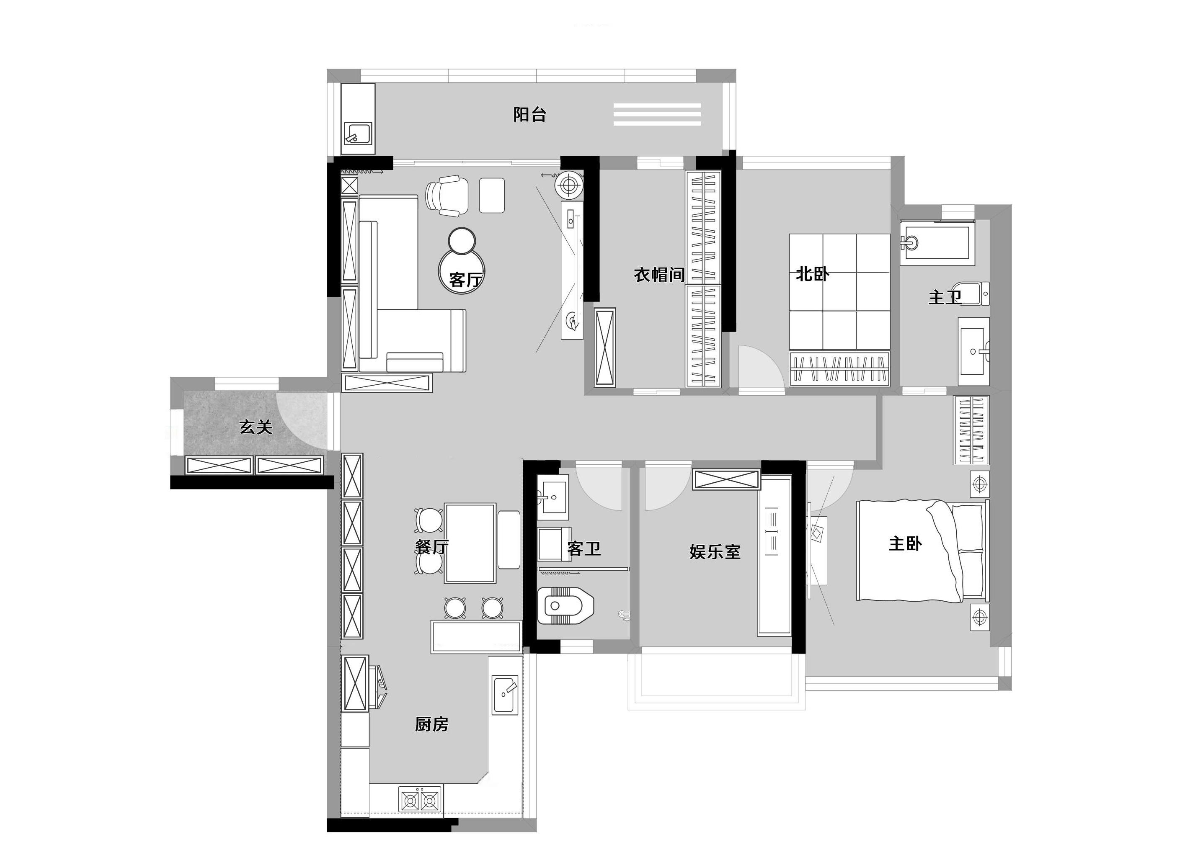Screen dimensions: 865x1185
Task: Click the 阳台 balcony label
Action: click(529, 114)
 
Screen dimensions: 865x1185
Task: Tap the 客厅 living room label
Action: click(464, 280)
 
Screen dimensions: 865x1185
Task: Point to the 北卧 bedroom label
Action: click(812, 273)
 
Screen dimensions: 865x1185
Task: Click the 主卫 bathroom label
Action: click(945, 297)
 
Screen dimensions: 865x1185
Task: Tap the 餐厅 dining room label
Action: click(432, 547)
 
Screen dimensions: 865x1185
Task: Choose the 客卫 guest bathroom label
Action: click(583, 549)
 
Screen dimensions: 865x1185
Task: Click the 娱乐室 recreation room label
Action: click(715, 552)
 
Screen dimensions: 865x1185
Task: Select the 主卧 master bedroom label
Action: click(905, 543)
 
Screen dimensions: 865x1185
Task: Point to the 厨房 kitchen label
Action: click(432, 725)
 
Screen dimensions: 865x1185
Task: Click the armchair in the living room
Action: click(447, 195)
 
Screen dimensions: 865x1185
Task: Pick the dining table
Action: click(470, 543)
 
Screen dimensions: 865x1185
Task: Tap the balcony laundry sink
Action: click(358, 134)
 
